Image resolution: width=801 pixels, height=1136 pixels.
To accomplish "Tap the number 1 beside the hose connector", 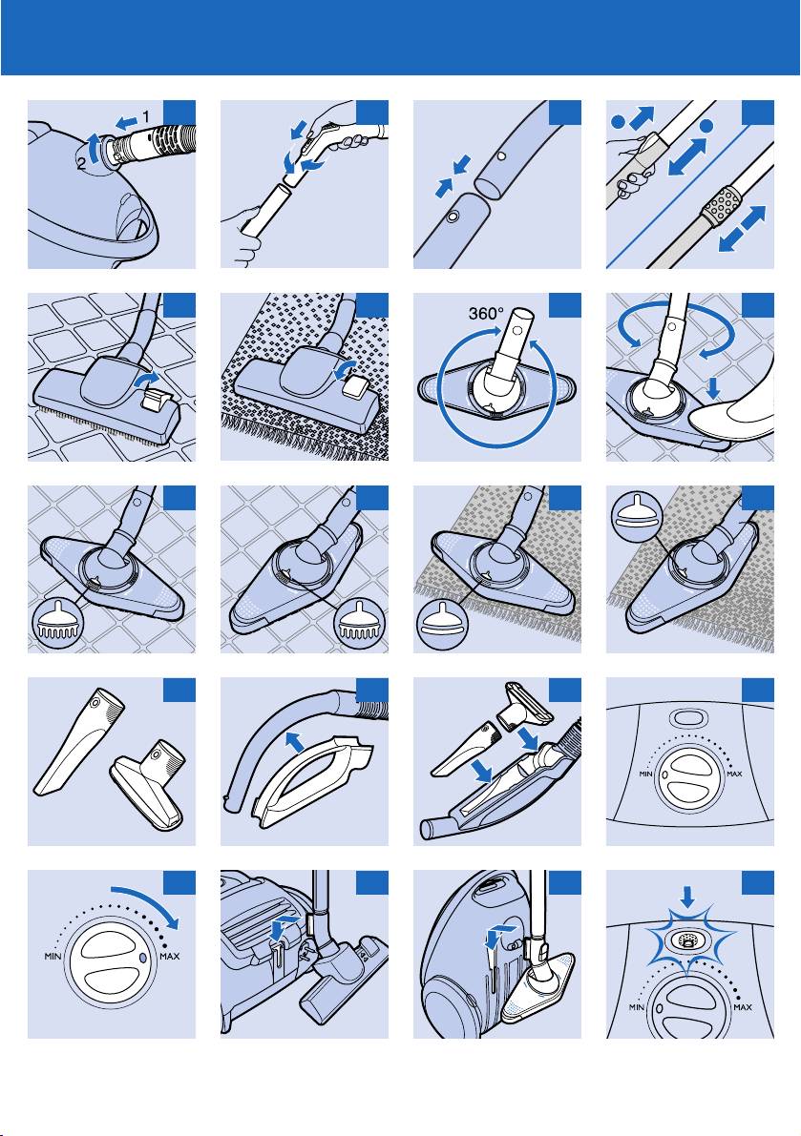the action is (x=145, y=116).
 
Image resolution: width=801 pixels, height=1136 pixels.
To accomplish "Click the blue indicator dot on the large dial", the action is (x=143, y=955).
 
